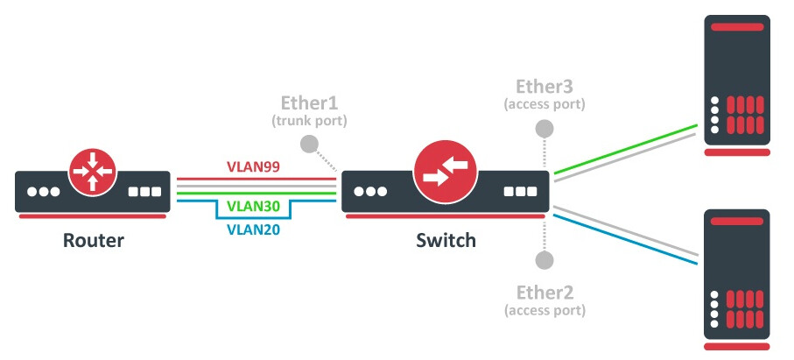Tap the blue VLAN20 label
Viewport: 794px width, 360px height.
coord(254,230)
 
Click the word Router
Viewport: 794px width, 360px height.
coord(94,240)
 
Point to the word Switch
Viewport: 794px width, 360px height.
coord(446,240)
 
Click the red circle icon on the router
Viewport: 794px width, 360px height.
coord(93,171)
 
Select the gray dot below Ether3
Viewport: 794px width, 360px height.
coord(545,128)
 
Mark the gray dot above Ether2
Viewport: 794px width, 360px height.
coord(545,259)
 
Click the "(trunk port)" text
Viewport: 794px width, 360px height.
coord(308,120)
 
